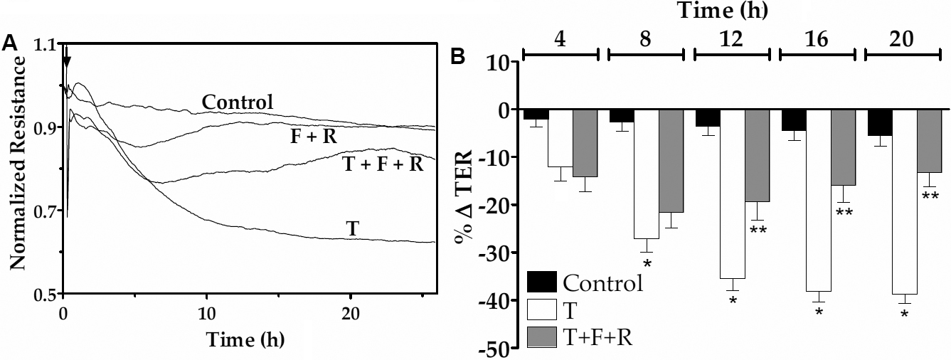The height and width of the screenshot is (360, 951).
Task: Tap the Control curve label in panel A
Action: (237, 102)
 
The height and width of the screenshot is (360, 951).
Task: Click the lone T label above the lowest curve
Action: (351, 228)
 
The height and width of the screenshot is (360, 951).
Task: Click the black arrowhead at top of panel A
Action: (66, 62)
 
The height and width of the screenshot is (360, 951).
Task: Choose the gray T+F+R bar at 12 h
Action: (756, 156)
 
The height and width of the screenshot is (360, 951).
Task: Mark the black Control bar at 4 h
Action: (536, 115)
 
